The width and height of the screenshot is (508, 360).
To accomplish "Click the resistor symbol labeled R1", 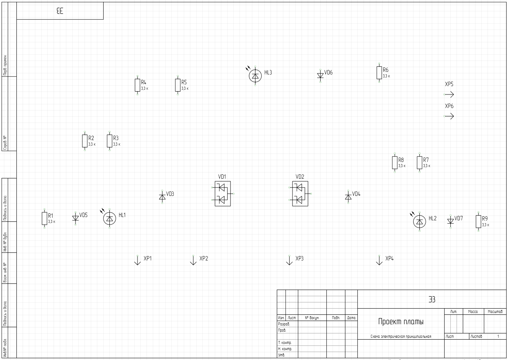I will (x=44, y=218).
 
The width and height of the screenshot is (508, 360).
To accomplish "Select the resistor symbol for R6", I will (x=379, y=73).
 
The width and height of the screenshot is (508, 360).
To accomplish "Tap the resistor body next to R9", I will (x=478, y=221).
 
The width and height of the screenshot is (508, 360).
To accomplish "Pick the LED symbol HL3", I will (x=255, y=76).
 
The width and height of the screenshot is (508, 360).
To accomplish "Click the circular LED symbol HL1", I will (x=109, y=218).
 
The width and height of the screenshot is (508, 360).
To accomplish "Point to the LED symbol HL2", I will (x=419, y=221).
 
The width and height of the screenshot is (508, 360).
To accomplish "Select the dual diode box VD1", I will (x=222, y=194).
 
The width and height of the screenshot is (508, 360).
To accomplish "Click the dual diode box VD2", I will (x=300, y=194).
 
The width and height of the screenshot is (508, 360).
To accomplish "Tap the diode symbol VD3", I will (x=162, y=197).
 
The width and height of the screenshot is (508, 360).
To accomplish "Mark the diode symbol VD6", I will (x=320, y=76).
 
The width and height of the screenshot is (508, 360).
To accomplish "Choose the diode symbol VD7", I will (x=450, y=221).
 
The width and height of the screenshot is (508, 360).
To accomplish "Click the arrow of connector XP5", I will (x=449, y=94).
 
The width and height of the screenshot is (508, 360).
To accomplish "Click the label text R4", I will (x=144, y=82).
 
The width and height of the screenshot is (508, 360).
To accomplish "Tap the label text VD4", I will (x=356, y=194).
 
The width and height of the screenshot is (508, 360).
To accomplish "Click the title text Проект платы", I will (x=401, y=322).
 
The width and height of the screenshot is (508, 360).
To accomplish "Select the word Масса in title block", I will (x=473, y=312).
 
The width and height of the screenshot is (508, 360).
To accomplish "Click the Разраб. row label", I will (x=284, y=324).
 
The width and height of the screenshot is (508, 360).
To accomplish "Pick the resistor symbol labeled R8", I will (x=395, y=163).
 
